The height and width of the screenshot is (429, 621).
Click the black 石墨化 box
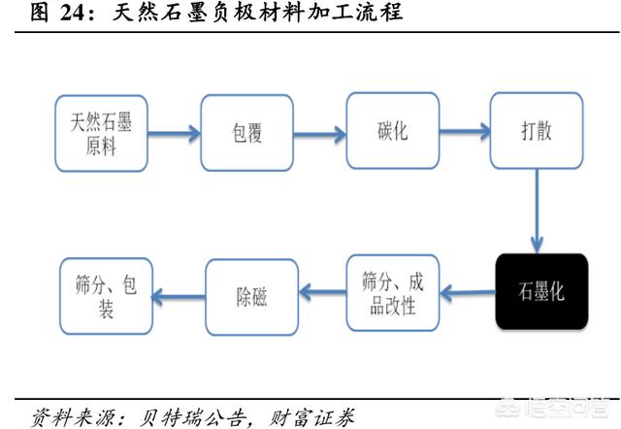pos(540,292)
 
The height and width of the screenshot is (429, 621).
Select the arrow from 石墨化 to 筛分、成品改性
pos(468,291)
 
